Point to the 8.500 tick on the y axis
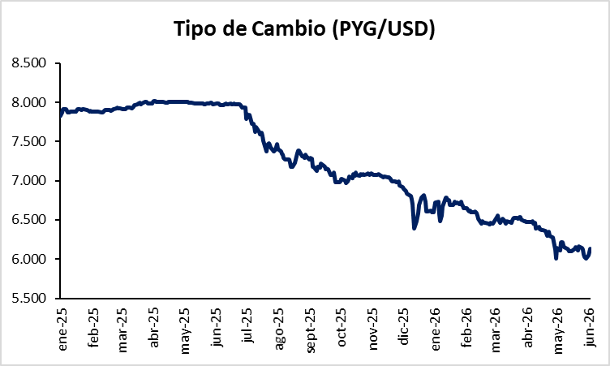[x=28, y=62]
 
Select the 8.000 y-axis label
[x=28, y=102]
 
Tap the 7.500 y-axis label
[x=28, y=141]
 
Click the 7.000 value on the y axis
[x=28, y=180]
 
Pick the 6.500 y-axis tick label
[x=28, y=219]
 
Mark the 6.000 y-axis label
[x=28, y=259]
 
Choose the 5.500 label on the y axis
[x=28, y=298]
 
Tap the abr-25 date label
[x=154, y=328]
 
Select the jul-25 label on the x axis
[x=247, y=325]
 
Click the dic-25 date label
[x=403, y=327]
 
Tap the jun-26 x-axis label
[x=590, y=327]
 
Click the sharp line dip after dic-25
[x=414, y=229]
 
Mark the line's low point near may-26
[x=556, y=258]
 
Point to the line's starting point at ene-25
[x=61, y=115]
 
